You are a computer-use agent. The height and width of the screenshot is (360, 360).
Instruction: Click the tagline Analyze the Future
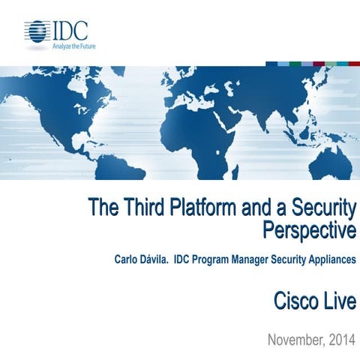73,45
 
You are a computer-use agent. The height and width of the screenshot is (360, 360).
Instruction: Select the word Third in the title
144,207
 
